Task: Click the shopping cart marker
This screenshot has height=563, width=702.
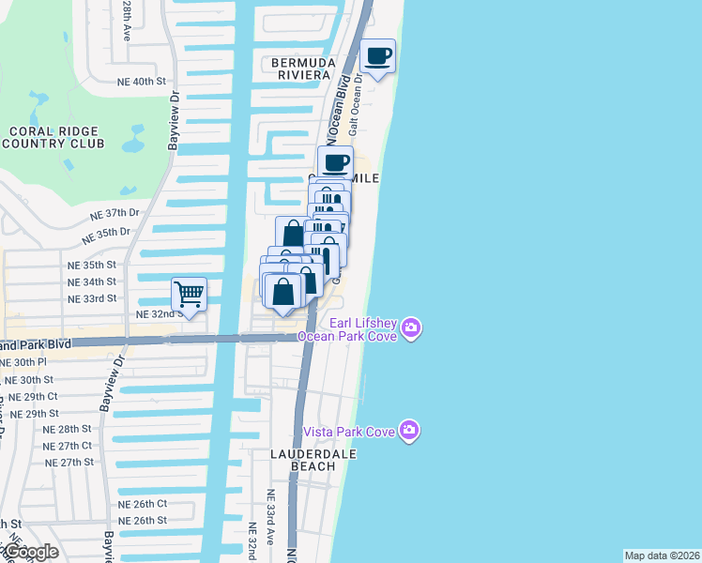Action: tap(190, 295)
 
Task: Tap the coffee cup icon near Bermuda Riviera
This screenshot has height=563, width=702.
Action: tap(377, 56)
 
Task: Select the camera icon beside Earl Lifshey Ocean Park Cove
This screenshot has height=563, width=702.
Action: tap(411, 327)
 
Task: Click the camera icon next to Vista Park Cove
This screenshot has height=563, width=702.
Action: tap(408, 431)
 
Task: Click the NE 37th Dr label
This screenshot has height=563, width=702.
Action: tap(114, 214)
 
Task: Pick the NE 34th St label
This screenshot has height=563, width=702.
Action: tap(92, 281)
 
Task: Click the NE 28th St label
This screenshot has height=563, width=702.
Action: tap(69, 429)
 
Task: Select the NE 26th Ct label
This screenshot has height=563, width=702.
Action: tap(143, 504)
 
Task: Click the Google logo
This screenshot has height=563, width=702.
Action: tap(31, 552)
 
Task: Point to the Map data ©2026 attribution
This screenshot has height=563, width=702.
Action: tap(662, 555)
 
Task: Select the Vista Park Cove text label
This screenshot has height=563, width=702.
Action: tap(349, 432)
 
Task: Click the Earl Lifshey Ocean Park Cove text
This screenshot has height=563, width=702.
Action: tap(348, 329)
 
